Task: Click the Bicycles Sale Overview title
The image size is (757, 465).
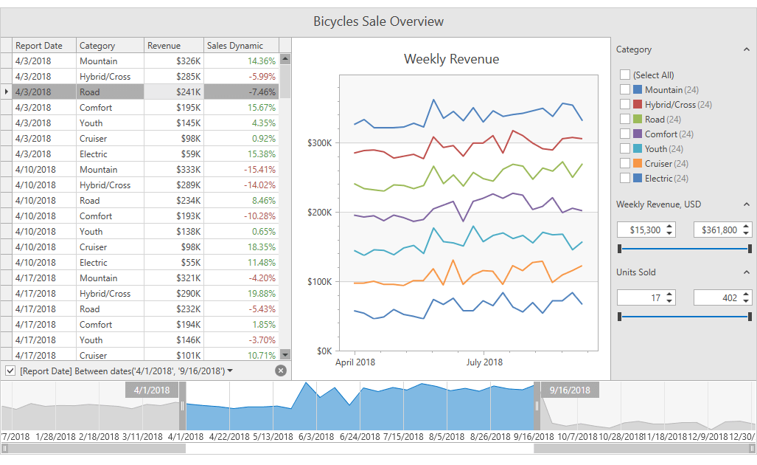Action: (378, 21)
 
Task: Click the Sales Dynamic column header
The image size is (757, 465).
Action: (235, 46)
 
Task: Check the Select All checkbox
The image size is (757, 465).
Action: (625, 75)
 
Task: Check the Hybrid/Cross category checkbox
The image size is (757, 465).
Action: (625, 104)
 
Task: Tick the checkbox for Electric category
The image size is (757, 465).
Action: (625, 178)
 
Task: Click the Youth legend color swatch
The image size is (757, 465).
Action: (638, 148)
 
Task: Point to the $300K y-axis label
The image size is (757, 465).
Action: (319, 143)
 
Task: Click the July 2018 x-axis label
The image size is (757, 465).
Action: (484, 362)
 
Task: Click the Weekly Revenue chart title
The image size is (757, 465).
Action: (451, 59)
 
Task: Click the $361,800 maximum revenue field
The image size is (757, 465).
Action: (716, 230)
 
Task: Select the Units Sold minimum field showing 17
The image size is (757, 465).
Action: (639, 298)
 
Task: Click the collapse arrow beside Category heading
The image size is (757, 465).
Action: (747, 49)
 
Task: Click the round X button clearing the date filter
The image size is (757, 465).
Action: (281, 371)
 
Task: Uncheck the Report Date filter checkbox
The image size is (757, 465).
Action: (10, 371)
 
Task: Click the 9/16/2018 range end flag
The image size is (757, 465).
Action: (570, 390)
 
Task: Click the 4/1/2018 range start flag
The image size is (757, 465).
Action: (153, 390)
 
